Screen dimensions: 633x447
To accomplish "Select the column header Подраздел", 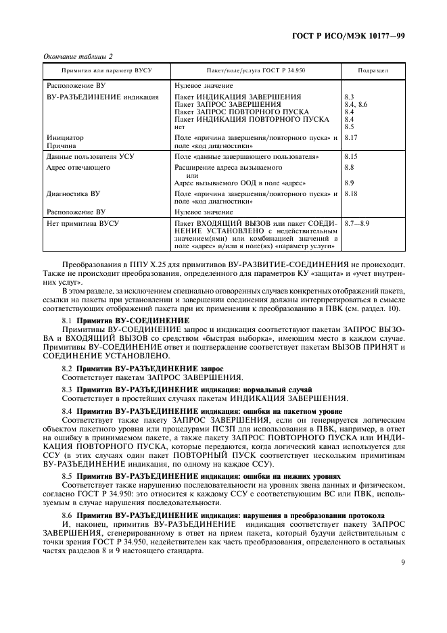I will point(373,70).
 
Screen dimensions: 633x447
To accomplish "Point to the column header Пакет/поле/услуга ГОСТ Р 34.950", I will point(256,70).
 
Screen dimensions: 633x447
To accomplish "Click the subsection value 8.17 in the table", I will point(352,137).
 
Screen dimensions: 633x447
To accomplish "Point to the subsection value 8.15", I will point(352,156).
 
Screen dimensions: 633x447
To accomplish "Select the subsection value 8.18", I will point(352,193).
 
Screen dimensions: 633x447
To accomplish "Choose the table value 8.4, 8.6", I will point(356,105).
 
